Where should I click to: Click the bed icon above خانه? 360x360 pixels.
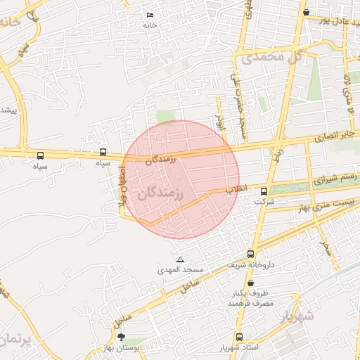(149, 15)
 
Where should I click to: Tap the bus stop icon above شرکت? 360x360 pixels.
(264, 191)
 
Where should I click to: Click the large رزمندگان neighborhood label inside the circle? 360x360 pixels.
(161, 194)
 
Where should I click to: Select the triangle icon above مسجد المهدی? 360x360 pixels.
(181, 260)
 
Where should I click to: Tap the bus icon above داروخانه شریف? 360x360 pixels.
(250, 255)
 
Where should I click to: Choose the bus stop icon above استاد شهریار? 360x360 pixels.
(239, 337)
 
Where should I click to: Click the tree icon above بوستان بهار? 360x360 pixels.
(122, 337)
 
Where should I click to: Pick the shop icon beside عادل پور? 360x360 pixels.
(306, 12)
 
